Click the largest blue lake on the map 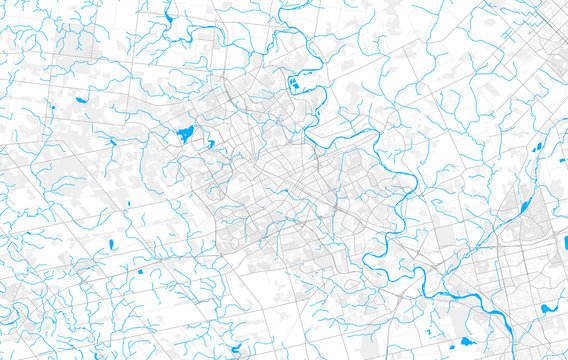coord(185,134)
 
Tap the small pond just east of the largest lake coord(210,143)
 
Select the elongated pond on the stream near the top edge coord(167,18)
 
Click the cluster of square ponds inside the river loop coord(293,83)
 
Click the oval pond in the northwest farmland coord(80,101)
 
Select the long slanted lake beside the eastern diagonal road coord(525,208)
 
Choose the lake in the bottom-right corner coord(547,309)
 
